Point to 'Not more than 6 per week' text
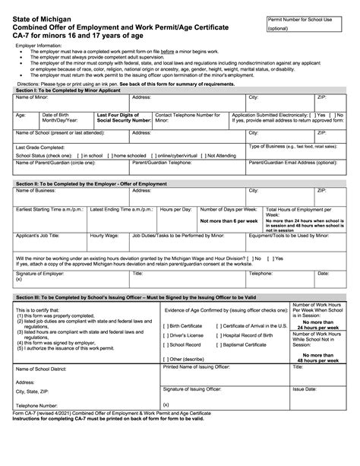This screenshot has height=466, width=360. (229, 220)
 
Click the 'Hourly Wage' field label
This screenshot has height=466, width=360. (105, 236)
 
